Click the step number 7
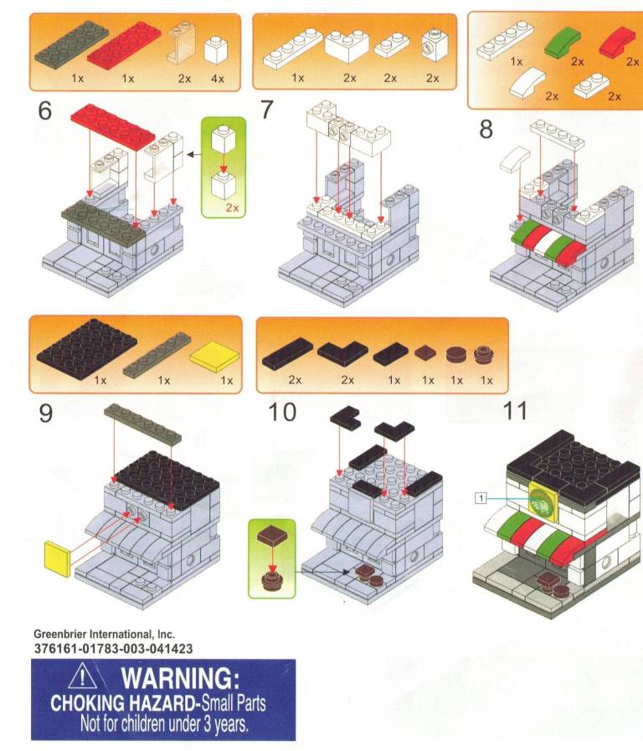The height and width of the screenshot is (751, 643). (x=268, y=111)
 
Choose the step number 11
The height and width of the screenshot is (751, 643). (x=516, y=412)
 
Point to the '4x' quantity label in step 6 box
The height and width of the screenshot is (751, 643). (x=218, y=78)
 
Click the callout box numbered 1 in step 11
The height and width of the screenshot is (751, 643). (x=481, y=497)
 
